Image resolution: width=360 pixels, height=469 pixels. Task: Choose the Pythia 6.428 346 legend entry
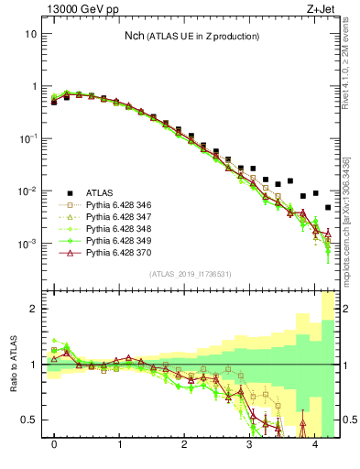coord(119,205)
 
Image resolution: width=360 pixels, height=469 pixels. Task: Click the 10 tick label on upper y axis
coord(30,33)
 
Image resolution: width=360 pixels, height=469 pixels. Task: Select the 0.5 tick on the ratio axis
coord(28,420)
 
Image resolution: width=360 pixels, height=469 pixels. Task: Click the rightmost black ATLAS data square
coord(328,208)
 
